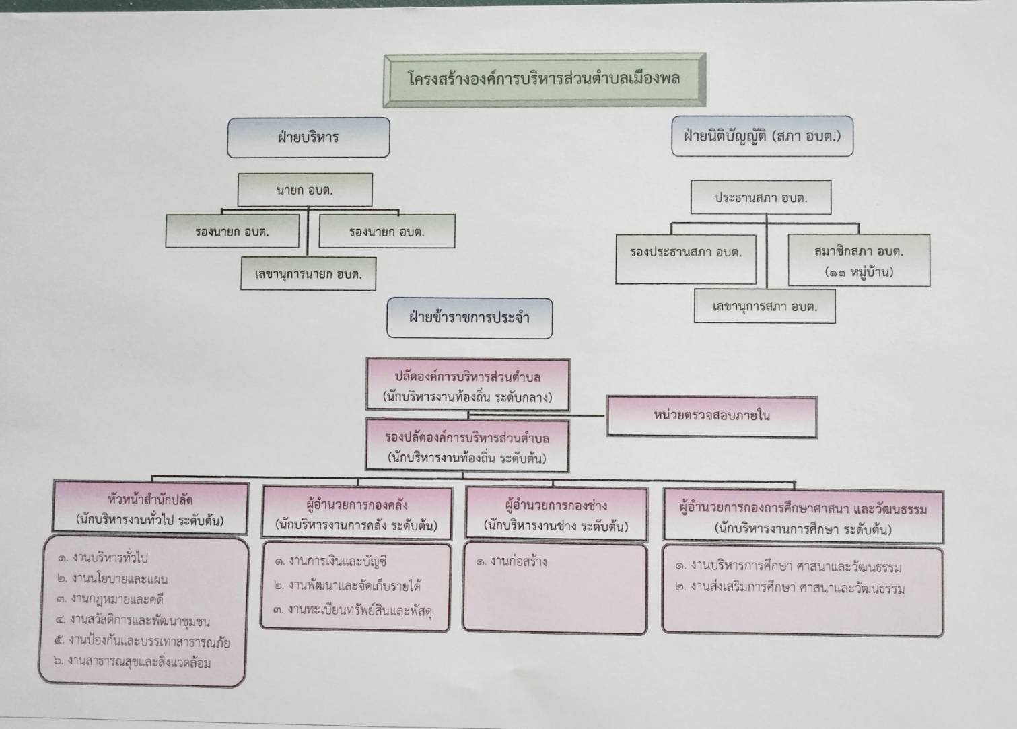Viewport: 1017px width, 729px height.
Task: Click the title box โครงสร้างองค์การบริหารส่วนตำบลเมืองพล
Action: tap(545, 80)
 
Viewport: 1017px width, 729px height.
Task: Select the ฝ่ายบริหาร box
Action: tap(308, 137)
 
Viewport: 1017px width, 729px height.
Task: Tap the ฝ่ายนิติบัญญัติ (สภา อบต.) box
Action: tap(763, 136)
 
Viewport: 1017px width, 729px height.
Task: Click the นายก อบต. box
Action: tap(305, 190)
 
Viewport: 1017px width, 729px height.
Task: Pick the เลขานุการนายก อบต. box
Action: tap(308, 274)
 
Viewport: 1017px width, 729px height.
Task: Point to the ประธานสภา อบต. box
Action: tap(761, 197)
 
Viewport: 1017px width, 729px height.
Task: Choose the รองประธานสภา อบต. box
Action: tap(686, 259)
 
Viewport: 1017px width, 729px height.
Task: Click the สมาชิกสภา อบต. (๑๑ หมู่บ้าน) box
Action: tap(859, 260)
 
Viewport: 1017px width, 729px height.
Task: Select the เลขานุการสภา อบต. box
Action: tap(765, 306)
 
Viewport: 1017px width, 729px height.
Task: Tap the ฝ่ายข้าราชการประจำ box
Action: tap(469, 318)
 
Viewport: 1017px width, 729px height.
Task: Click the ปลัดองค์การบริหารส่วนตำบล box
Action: tap(468, 385)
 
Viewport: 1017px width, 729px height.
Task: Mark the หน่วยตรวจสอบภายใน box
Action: tap(712, 417)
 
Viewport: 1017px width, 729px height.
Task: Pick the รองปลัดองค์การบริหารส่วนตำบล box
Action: tap(467, 446)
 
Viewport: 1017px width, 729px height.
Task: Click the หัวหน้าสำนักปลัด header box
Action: tap(150, 508)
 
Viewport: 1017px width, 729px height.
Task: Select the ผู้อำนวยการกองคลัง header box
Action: tap(357, 513)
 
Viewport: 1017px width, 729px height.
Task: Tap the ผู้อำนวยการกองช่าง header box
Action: tap(556, 514)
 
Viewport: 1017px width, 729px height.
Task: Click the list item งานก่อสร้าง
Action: tap(512, 562)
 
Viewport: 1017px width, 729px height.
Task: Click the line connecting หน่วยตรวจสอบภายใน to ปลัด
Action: tap(536, 415)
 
